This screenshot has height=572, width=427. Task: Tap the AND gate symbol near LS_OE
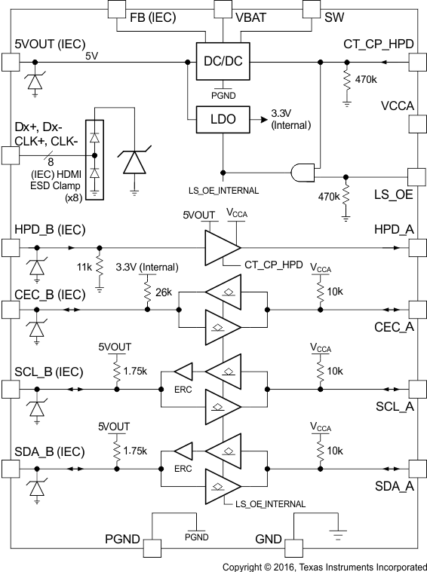300,173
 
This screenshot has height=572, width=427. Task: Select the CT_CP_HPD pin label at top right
378,44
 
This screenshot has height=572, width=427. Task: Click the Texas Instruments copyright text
325,565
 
